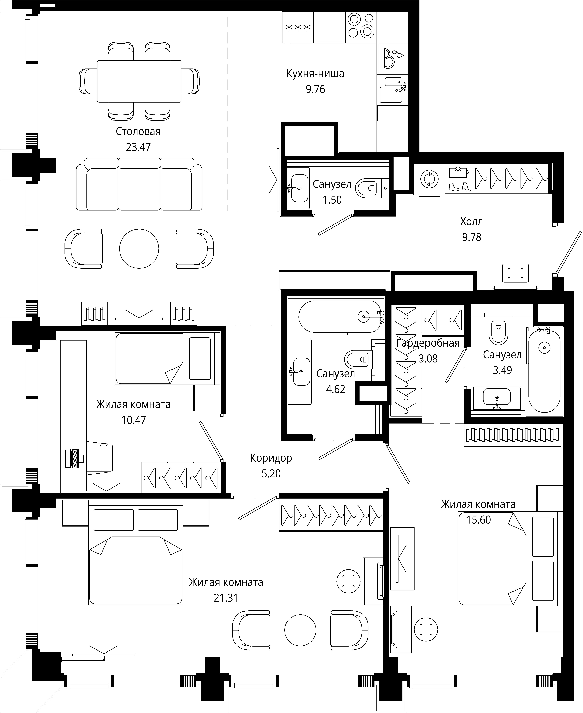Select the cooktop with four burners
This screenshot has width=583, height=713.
(x=361, y=26)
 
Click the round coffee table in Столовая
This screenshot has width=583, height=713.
(x=139, y=248)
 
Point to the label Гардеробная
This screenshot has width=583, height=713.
(x=428, y=343)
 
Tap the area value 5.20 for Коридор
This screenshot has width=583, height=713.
(x=271, y=474)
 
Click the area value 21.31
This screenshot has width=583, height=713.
(x=226, y=598)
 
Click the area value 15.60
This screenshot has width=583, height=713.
(x=479, y=520)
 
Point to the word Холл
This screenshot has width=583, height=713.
(x=472, y=222)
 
